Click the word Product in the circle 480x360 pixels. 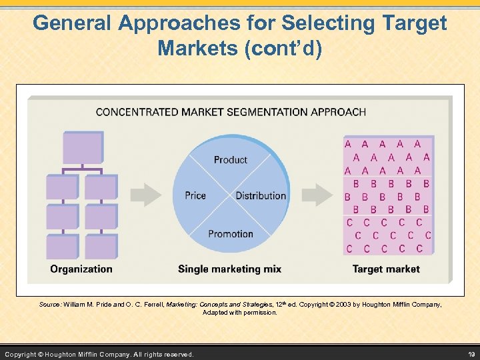click(x=230, y=160)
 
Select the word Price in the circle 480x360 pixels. click(x=195, y=195)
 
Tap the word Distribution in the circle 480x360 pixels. click(x=261, y=195)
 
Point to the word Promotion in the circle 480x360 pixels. click(x=231, y=234)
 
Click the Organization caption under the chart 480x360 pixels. click(x=81, y=269)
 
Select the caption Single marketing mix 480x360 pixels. click(x=229, y=269)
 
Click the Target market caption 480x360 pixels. click(x=386, y=269)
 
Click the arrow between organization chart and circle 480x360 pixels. click(x=145, y=195)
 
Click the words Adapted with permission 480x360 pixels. click(x=239, y=312)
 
